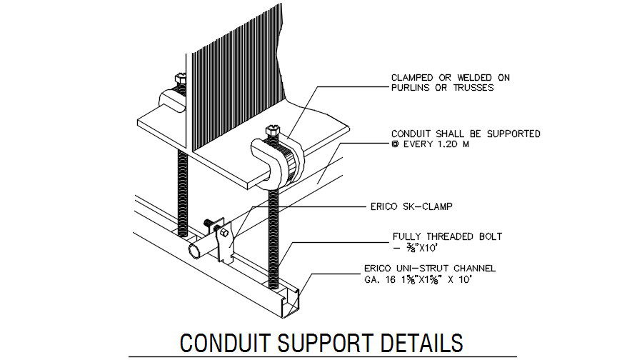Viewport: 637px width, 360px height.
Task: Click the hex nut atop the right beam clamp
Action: [271, 131]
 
